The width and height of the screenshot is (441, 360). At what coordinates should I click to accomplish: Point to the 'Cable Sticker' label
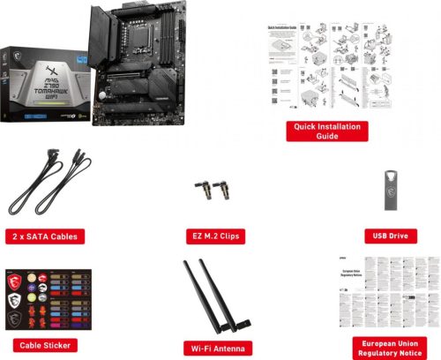[44, 344]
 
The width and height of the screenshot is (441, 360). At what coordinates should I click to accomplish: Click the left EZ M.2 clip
[206, 191]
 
